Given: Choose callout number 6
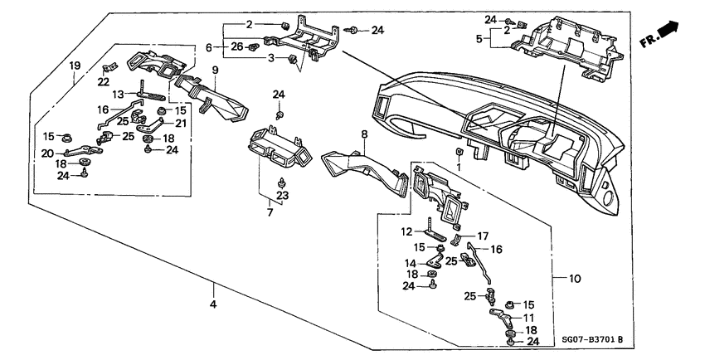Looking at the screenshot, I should pos(210,46).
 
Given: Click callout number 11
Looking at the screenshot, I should pos(528,317).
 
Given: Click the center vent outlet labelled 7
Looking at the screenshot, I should pos(278,149).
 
